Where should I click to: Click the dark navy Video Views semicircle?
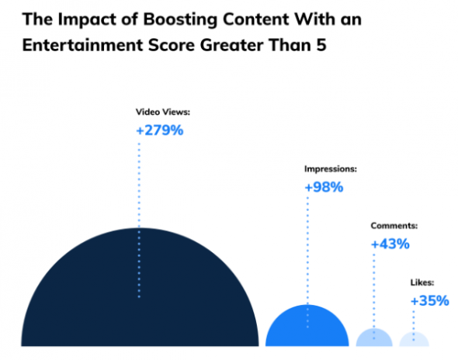[x=93, y=303]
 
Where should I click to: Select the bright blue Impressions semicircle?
[x=307, y=330]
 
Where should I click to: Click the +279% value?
[x=159, y=130]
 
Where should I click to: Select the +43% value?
[x=390, y=244]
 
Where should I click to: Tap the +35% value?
[x=429, y=300]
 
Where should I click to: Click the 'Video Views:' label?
[x=162, y=112]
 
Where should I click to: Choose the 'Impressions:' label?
[x=329, y=168]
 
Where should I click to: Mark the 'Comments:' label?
[x=394, y=226]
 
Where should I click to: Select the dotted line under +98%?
[x=307, y=248]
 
